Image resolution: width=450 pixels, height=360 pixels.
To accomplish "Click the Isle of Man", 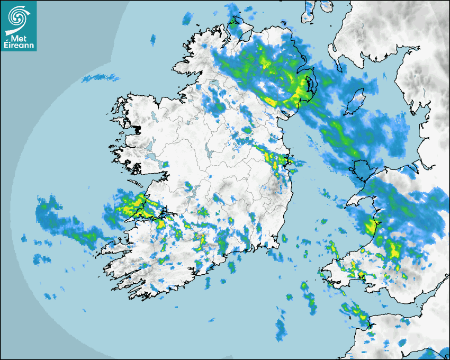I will coord(355,101).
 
